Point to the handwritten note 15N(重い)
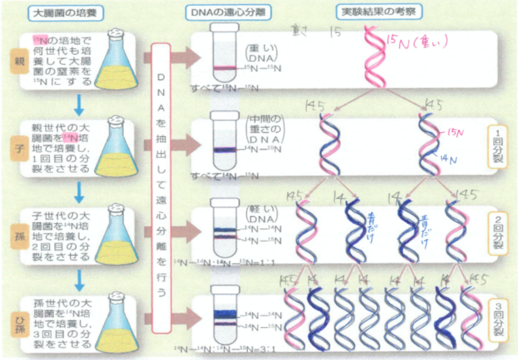(417, 43)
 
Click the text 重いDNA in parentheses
(262, 53)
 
